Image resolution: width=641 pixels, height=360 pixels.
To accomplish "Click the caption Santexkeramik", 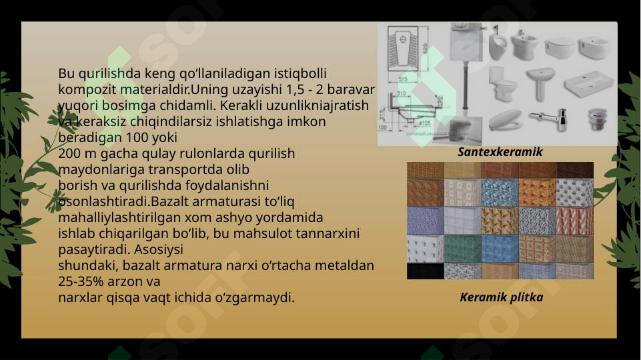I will [x=500, y=152].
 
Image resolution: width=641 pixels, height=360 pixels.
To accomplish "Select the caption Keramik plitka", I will [x=501, y=297].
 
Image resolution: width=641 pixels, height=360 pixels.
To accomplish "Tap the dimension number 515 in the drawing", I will [x=403, y=79].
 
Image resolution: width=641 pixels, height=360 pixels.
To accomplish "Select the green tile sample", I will [x=462, y=248].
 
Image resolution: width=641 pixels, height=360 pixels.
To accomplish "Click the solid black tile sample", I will [x=425, y=271].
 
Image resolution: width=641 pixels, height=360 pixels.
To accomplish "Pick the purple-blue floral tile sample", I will [x=425, y=220].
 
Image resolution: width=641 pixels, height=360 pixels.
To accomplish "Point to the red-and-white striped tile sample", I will [x=574, y=219].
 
